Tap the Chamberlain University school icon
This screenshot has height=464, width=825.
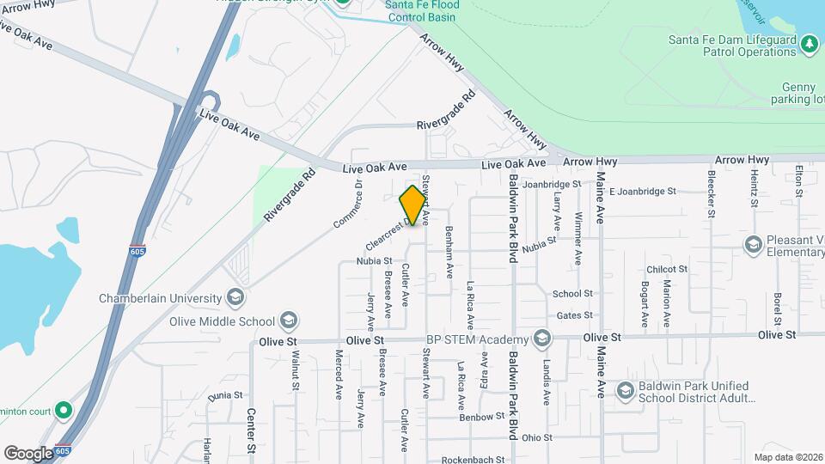click(x=235, y=297)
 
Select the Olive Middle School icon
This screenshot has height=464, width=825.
click(x=289, y=321)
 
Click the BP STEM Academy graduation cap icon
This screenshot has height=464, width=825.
click(x=541, y=339)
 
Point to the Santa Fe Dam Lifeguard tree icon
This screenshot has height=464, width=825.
click(x=809, y=44)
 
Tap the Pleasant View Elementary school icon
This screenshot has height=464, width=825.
click(x=753, y=245)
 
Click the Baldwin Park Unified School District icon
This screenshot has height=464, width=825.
click(x=625, y=391)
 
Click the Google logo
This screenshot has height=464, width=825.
click(x=28, y=453)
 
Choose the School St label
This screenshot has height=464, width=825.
click(x=572, y=294)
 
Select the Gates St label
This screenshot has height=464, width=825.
click(x=575, y=316)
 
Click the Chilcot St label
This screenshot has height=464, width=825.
click(x=668, y=269)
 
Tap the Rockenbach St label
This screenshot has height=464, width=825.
click(x=473, y=460)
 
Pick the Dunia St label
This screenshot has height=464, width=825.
click(x=226, y=395)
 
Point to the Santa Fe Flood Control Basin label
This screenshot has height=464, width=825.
click(x=422, y=9)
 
